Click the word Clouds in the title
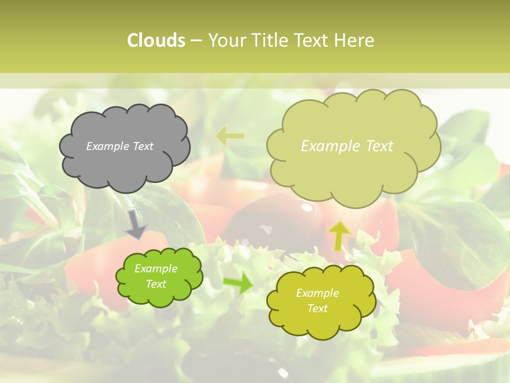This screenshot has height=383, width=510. click(156, 40)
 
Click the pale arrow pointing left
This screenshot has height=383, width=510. click(229, 136)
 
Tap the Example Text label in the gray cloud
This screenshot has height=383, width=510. click(120, 146)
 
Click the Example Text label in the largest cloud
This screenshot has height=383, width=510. click(347, 146)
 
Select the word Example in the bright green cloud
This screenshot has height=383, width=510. click(156, 269)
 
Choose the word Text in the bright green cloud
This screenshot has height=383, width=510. click(156, 284)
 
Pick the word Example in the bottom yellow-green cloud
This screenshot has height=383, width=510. click(317, 293)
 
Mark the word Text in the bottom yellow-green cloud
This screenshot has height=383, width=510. click(317, 309)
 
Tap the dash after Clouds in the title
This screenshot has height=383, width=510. click(195, 40)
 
